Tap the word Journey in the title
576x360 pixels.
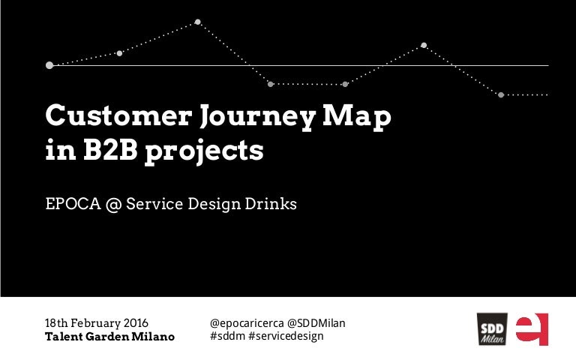257,118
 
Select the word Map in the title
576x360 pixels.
357,118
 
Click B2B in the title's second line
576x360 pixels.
110,149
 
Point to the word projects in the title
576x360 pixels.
204,152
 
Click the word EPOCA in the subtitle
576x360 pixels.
73,203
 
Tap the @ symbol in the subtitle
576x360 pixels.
113,204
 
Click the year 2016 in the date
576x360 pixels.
136,323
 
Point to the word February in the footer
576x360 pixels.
95,323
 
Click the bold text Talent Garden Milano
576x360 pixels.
109,336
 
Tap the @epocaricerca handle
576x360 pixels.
247,323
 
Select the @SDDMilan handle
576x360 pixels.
316,323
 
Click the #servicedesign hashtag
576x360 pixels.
286,336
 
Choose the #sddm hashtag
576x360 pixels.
227,336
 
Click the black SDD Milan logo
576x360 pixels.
492,328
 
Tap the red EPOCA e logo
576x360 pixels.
532,328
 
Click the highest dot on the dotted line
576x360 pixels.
198,22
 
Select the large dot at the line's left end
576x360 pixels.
49,65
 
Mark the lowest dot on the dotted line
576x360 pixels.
501,94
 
